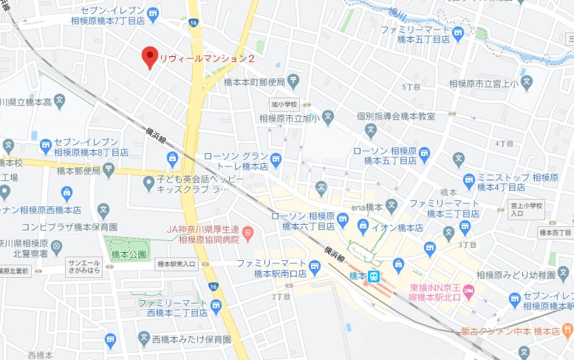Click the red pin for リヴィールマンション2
pyautogui.click(x=149, y=55)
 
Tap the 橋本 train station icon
pyautogui.click(x=375, y=277)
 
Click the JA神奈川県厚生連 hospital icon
pyautogui.click(x=248, y=234)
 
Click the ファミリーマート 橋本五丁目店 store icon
pyautogui.click(x=458, y=32)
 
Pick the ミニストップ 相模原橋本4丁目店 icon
pyautogui.click(x=468, y=179)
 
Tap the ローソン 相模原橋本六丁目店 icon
pyautogui.click(x=343, y=220)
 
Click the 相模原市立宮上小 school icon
pyautogui.click(x=526, y=83)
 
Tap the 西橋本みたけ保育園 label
pyautogui.click(x=191, y=340)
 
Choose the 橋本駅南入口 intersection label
pyautogui.click(x=176, y=264)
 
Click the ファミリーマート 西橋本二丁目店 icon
pyautogui.click(x=215, y=305)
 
